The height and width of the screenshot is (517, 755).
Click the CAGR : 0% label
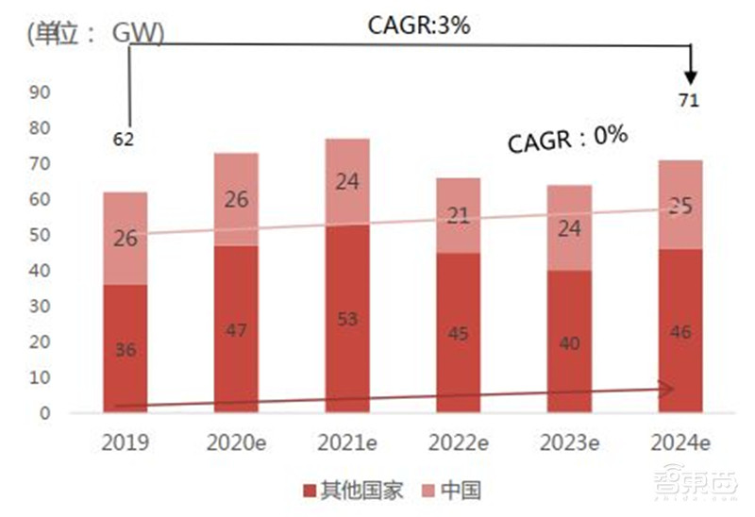tap(567, 139)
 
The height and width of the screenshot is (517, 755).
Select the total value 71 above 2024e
tap(688, 101)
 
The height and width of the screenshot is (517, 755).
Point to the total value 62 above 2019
tap(124, 140)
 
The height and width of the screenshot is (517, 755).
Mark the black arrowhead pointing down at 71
tap(692, 75)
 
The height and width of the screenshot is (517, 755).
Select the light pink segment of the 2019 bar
tap(125, 239)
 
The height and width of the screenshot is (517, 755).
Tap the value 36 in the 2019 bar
tap(125, 350)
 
